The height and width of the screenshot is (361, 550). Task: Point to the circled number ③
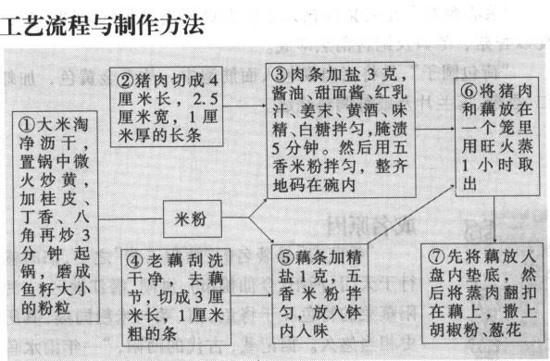pyautogui.click(x=280, y=73)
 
